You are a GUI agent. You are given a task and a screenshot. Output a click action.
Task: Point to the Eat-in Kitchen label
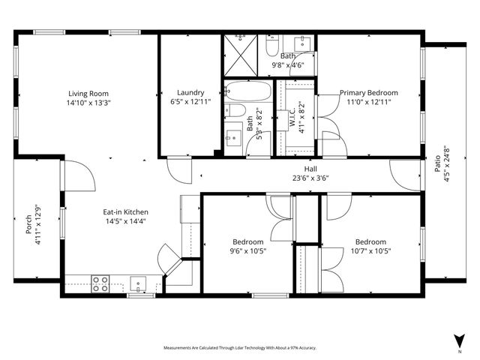[125, 212]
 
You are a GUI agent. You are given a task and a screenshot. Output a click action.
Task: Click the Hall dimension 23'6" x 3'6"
[310, 178]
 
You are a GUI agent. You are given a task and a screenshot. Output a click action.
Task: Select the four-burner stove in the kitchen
[100, 284]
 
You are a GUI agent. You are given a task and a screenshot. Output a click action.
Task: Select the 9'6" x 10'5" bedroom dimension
[247, 250]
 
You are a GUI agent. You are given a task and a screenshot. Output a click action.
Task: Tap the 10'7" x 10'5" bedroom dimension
[370, 250]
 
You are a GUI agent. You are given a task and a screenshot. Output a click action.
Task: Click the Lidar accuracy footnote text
[240, 348]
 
